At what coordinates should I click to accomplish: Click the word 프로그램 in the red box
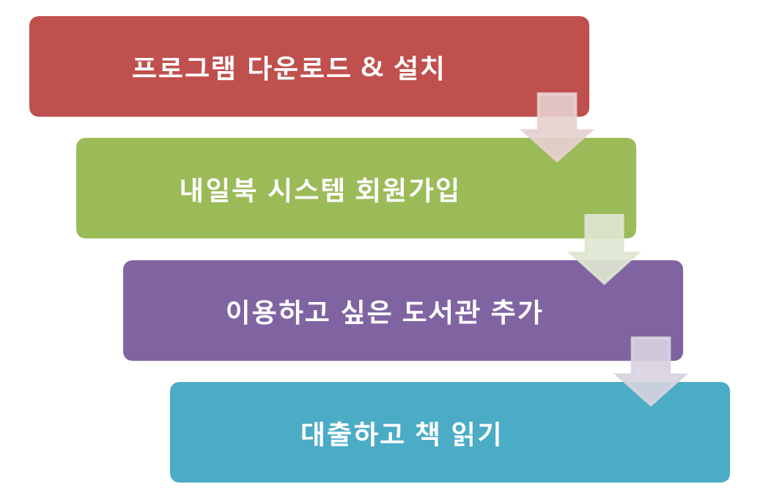183,67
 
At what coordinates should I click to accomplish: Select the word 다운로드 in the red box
299,67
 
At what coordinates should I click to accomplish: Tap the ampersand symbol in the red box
372,67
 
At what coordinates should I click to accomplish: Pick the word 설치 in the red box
418,67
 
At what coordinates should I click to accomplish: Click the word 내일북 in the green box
218,190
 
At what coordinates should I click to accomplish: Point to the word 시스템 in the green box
306,190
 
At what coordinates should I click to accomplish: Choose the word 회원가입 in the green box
407,190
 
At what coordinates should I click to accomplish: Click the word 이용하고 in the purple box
278,312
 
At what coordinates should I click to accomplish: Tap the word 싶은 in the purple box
366,312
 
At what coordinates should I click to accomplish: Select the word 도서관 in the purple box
440,312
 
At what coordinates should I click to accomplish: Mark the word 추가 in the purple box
516,312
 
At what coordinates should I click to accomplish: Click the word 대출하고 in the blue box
353,433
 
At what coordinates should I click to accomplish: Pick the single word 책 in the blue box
427,433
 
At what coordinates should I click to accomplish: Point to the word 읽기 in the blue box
476,433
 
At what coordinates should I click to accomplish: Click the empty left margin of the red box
78,67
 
